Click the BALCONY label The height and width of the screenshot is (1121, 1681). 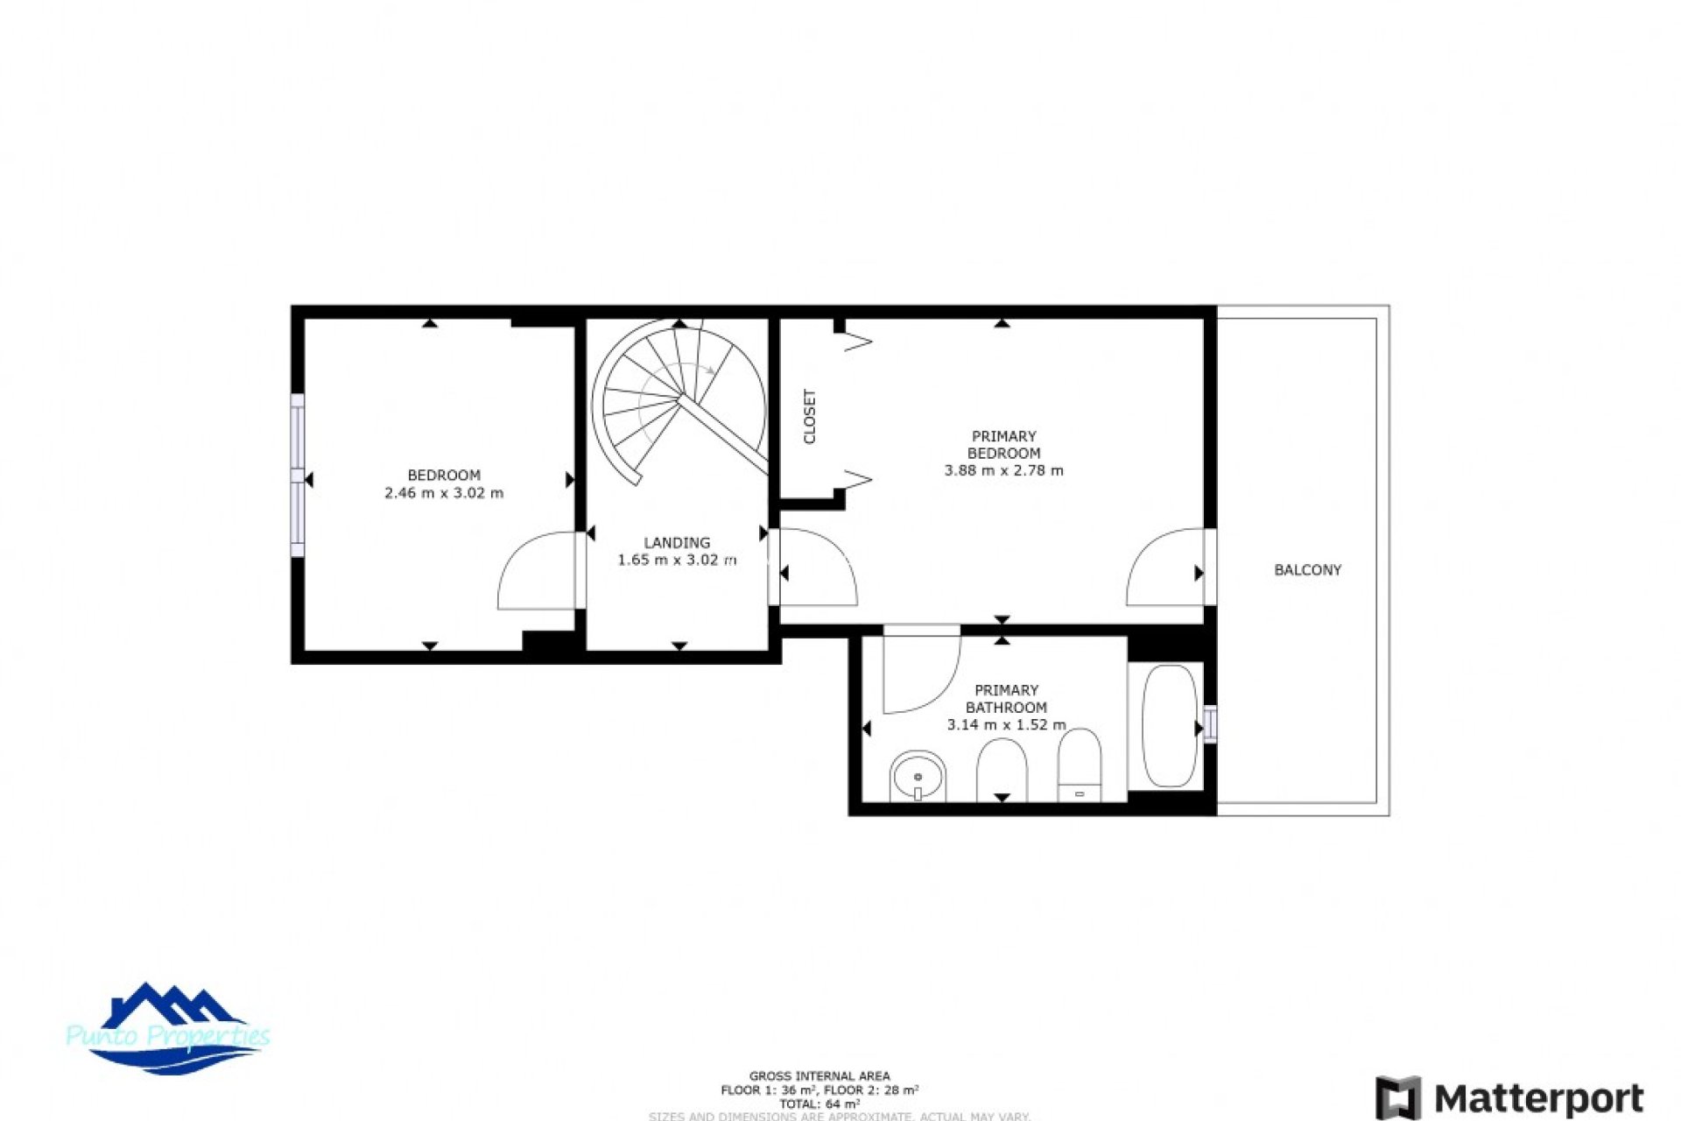(x=1307, y=570)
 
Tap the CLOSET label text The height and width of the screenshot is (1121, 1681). (x=810, y=417)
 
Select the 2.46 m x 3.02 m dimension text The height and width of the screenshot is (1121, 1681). (x=444, y=493)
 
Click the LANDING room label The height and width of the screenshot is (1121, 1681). (x=677, y=543)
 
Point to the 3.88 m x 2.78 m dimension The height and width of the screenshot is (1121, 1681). (x=1003, y=470)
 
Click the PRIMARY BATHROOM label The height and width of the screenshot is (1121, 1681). (x=1006, y=699)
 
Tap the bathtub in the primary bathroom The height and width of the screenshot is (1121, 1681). (x=1169, y=726)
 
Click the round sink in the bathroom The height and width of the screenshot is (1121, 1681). (x=918, y=776)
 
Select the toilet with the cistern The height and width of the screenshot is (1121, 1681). (x=1080, y=766)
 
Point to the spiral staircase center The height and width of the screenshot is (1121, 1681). (x=680, y=398)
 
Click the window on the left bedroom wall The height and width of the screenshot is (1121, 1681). (x=298, y=475)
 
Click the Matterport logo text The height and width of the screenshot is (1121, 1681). (x=1539, y=1098)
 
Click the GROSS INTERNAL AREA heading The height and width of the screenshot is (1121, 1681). (x=819, y=1075)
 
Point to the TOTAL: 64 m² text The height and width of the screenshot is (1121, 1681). (x=819, y=1104)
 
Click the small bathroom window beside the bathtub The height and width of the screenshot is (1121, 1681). (x=1210, y=724)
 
